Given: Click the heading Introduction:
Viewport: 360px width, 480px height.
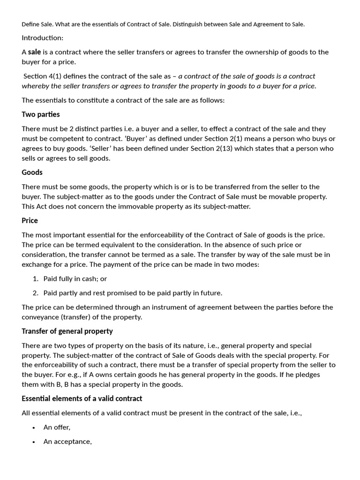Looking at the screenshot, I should coord(42,37).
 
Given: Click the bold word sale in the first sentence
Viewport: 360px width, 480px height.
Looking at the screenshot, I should coord(35,52).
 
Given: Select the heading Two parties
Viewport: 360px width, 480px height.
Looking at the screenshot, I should coord(41,114).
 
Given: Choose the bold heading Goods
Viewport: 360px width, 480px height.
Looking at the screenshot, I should coord(32,172).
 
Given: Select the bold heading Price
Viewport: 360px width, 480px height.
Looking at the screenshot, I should coord(30,220).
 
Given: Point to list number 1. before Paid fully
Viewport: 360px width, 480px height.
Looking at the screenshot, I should coord(36,278).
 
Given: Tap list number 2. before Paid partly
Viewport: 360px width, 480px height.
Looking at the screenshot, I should coord(36,293).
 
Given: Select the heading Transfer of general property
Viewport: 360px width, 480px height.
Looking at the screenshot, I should coord(67,331).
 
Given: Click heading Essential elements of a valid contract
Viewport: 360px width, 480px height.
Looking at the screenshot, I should coord(82,398).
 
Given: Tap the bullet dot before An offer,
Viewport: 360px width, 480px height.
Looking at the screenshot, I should coord(34,427).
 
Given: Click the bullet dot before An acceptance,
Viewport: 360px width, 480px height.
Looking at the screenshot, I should coord(34,442).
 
